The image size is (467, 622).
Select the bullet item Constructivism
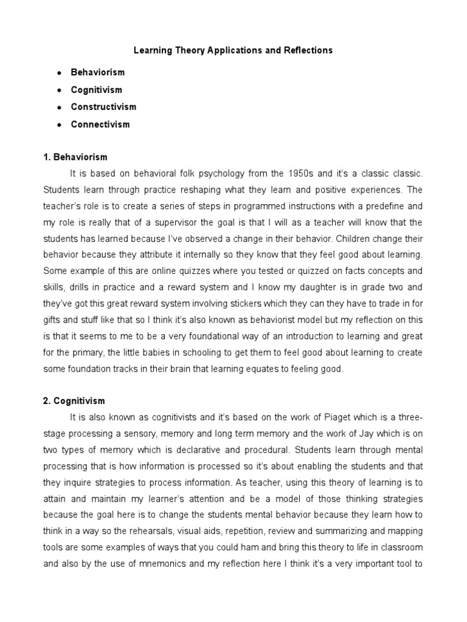click(103, 107)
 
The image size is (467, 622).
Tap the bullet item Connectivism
click(100, 125)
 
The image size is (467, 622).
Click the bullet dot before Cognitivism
click(59, 90)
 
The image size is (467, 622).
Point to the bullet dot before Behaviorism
click(59, 72)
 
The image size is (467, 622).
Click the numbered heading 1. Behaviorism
click(75, 157)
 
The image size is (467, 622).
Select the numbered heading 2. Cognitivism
click(74, 401)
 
